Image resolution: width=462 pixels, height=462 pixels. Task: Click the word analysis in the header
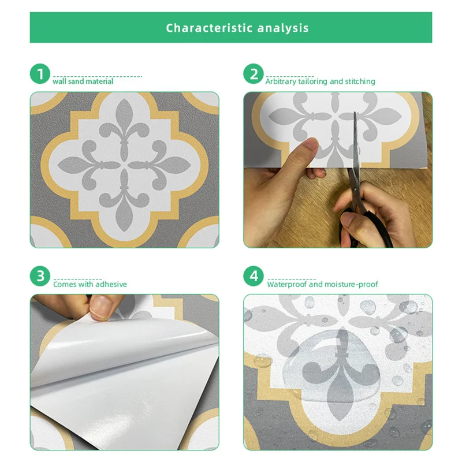[x=283, y=28]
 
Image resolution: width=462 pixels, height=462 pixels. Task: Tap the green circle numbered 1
[x=40, y=74]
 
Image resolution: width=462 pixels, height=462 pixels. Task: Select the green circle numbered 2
[x=254, y=74]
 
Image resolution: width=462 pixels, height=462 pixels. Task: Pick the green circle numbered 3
[x=40, y=276]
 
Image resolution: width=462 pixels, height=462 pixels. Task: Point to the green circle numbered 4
[x=254, y=276]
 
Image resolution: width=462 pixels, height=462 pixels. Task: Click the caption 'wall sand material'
[x=83, y=81]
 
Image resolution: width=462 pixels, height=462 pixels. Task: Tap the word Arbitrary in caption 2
[x=281, y=81]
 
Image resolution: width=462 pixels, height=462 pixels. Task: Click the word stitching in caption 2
[x=360, y=81]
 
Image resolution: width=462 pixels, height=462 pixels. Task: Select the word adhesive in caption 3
[x=111, y=284]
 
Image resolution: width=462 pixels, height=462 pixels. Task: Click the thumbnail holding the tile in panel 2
[x=310, y=144]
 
